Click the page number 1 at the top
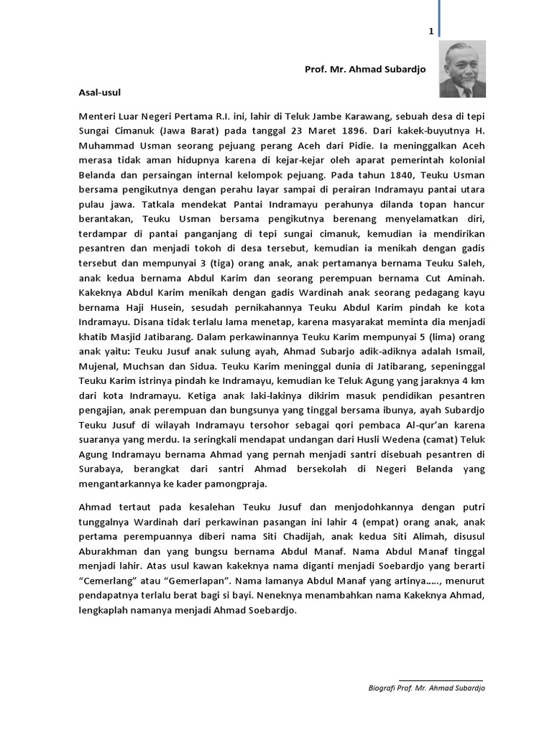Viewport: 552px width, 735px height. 431,32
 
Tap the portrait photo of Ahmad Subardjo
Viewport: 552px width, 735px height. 462,70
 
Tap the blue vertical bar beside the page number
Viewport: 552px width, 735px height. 438,18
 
